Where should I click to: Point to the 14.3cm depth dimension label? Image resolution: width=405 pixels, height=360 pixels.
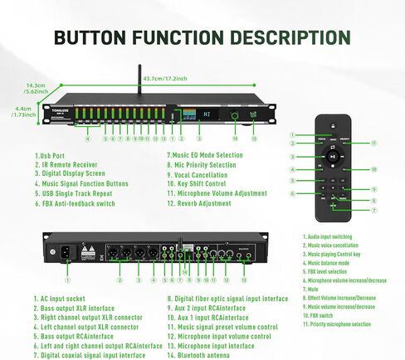coord(35,87)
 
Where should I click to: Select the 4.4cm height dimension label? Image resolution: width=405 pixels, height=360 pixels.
coord(23,113)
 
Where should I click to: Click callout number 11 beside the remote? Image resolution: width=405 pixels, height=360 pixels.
coord(374,143)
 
